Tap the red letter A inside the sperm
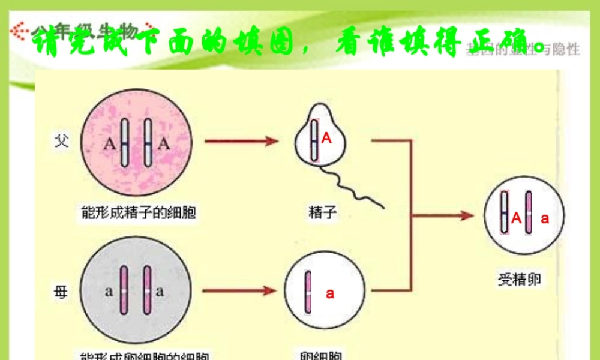[x=326, y=139]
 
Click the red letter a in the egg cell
[x=330, y=293]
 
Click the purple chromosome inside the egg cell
[x=308, y=293]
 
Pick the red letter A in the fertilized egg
[x=516, y=219]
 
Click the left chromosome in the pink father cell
[x=125, y=143]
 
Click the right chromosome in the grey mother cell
[x=147, y=291]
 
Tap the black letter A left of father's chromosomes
[x=109, y=144]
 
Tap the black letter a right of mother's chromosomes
[x=160, y=292]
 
